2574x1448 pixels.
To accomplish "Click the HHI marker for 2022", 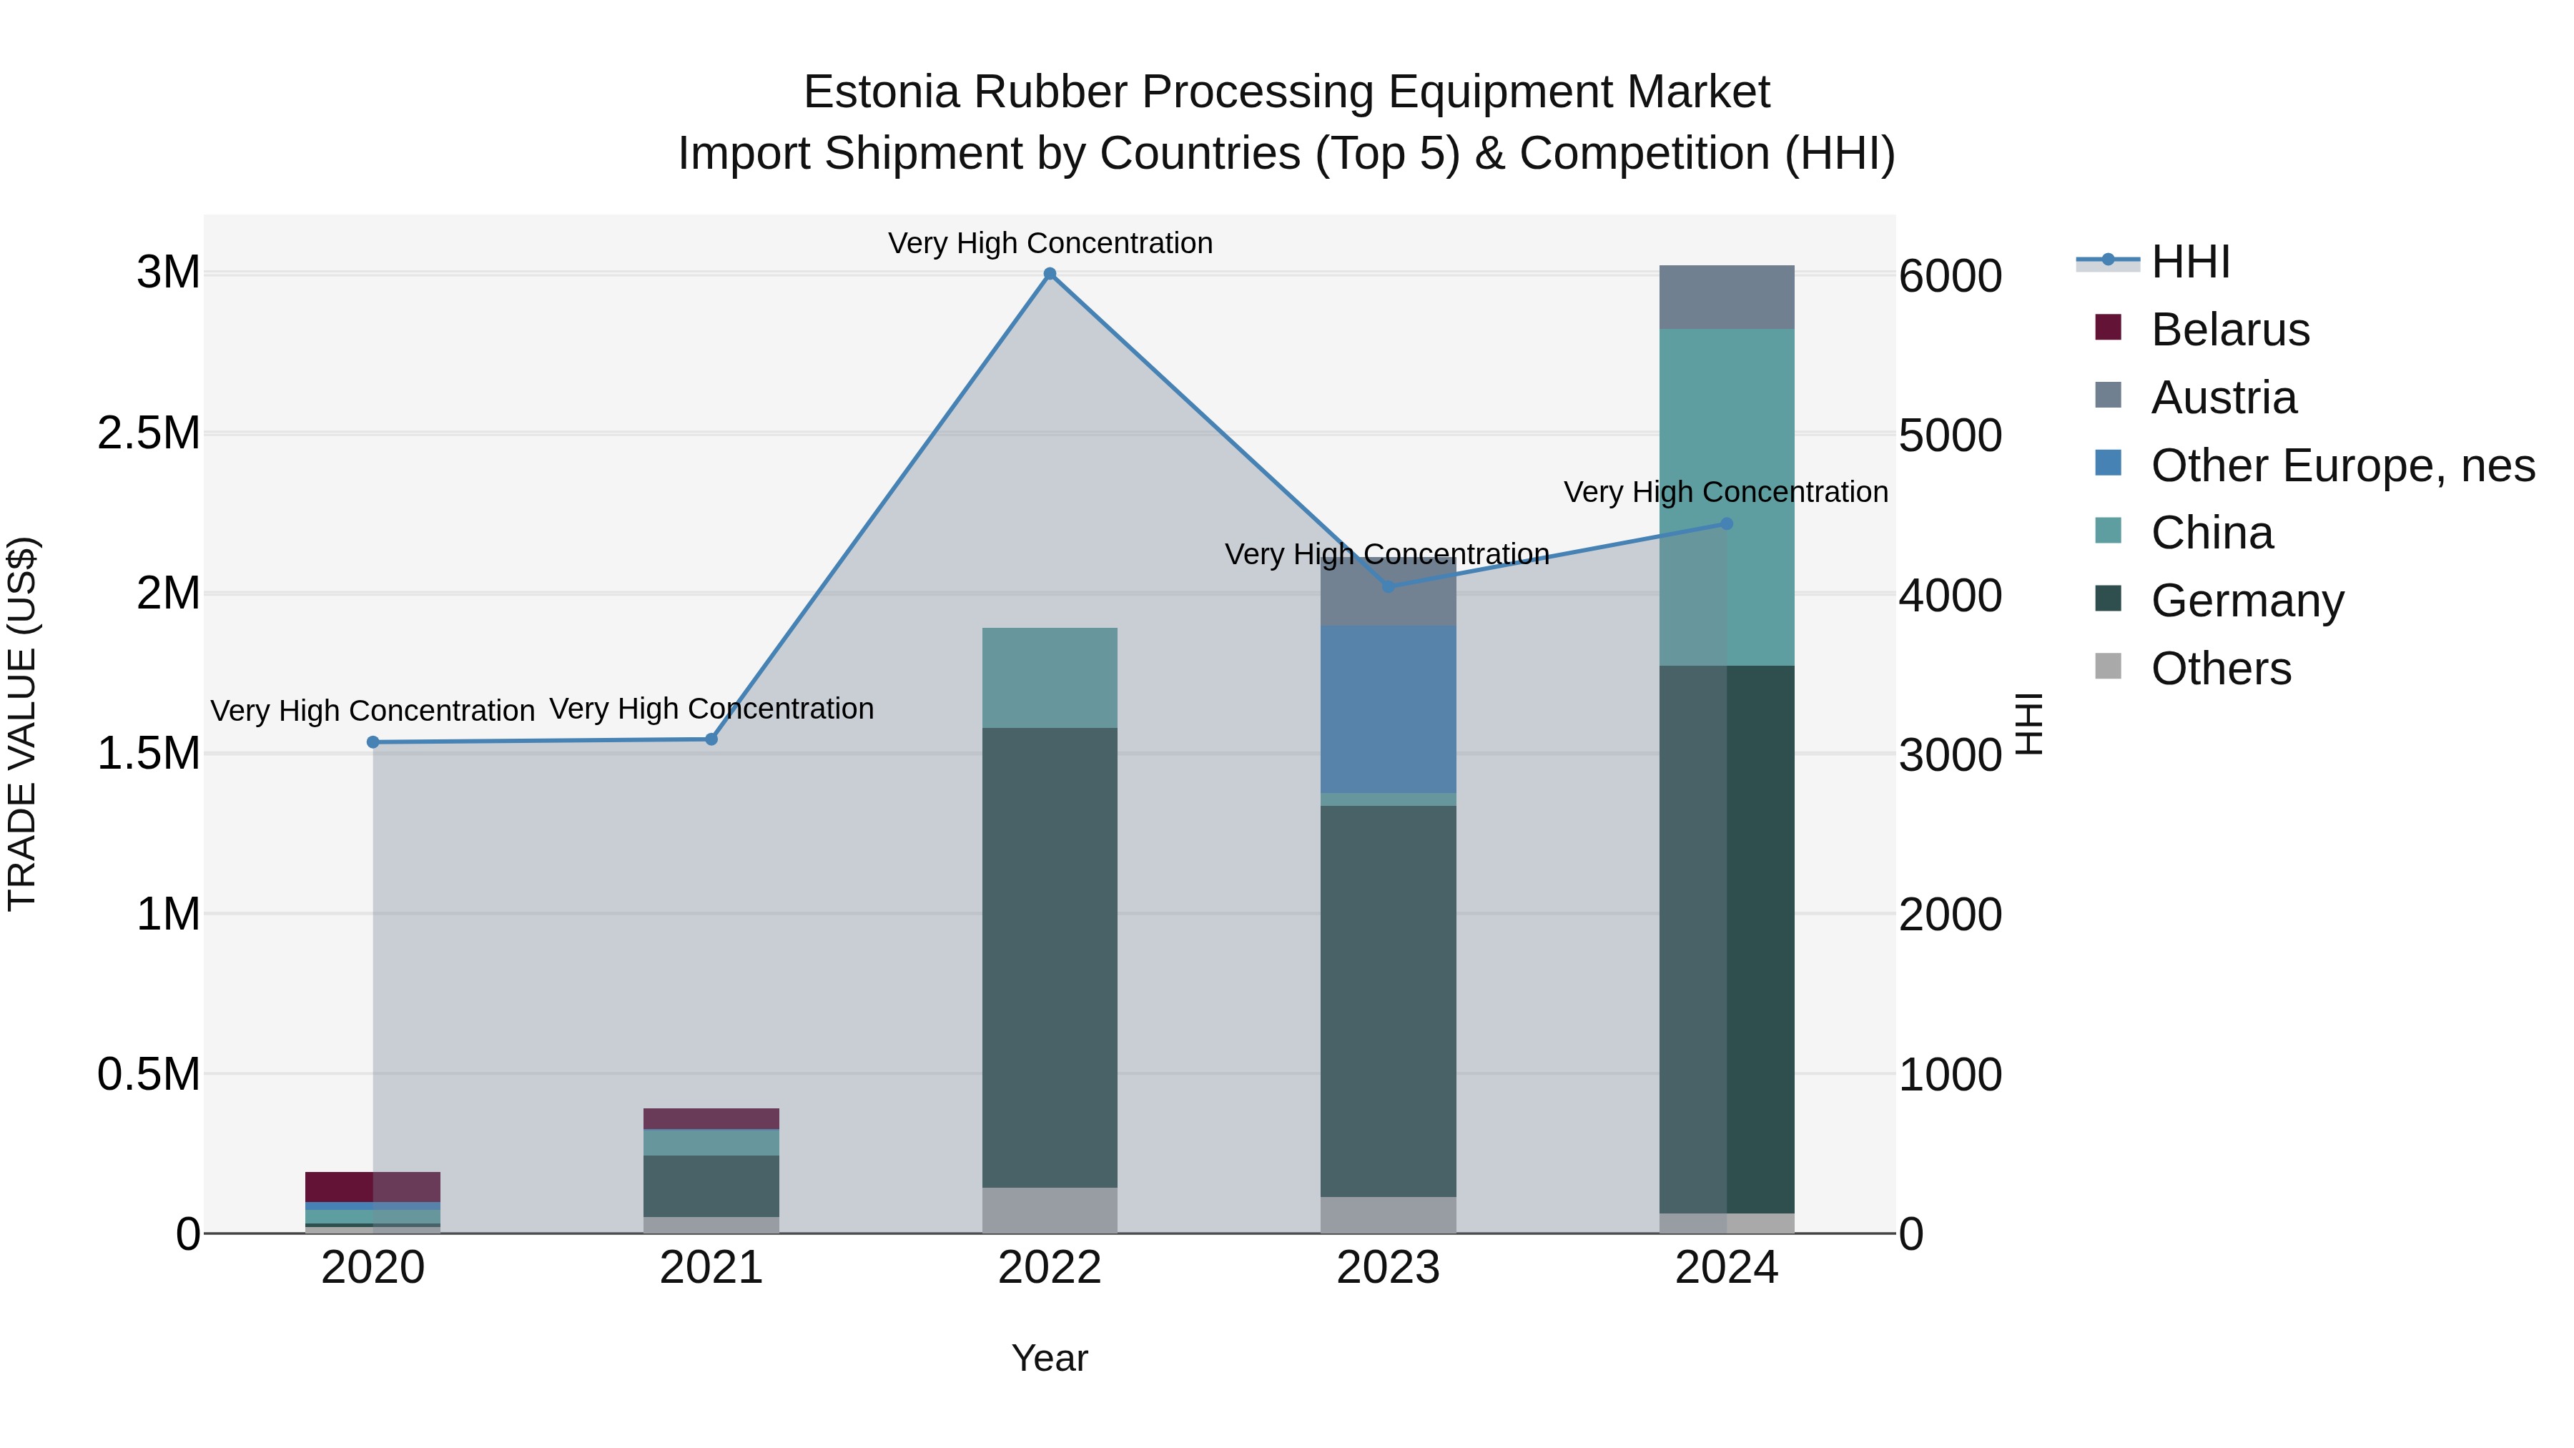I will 1049,274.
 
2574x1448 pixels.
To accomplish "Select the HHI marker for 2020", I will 373,742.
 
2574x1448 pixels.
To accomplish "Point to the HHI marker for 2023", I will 1388,586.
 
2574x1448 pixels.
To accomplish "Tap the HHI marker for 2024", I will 1727,523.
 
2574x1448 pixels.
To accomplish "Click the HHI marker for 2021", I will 711,739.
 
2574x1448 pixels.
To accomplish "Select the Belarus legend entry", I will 2229,330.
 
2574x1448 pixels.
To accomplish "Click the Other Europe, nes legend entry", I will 2342,466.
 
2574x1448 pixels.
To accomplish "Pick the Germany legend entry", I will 2247,601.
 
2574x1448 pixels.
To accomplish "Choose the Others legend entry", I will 2220,669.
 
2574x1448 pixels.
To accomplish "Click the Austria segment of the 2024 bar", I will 1727,297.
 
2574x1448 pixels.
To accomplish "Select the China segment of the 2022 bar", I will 1049,678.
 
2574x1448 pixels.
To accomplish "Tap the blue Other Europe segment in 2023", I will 1388,709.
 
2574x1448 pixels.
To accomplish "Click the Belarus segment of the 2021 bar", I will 711,1118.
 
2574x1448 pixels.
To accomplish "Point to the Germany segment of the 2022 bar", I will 1049,957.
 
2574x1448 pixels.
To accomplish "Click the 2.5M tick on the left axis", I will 149,434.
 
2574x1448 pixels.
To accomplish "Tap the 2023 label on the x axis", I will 1388,1268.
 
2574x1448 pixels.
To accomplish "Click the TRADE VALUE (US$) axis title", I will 22,724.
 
